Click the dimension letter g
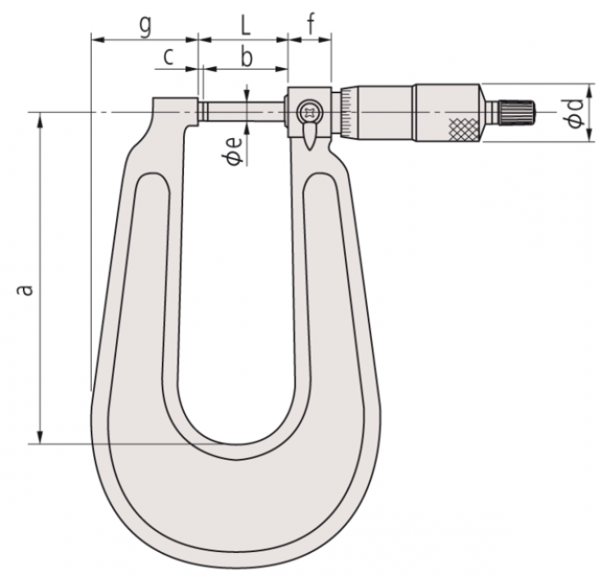(x=145, y=27)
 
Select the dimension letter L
(x=244, y=26)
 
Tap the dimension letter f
(x=312, y=25)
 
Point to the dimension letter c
(x=169, y=57)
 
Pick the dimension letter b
(x=247, y=57)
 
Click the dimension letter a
(x=25, y=290)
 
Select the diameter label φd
(x=575, y=113)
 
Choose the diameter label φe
(x=234, y=150)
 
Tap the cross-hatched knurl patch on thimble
(x=464, y=129)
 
